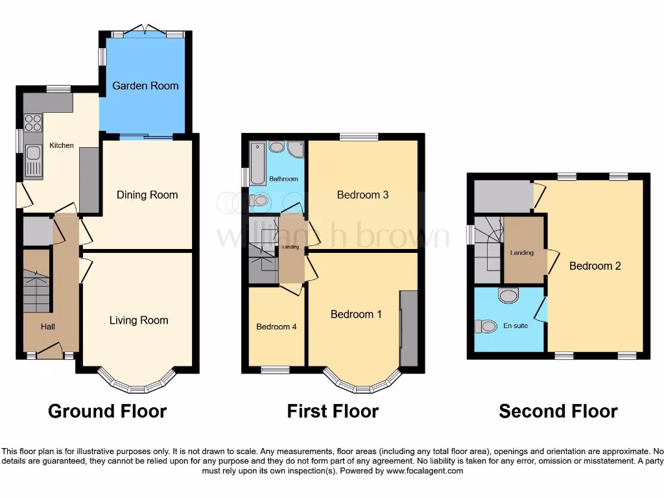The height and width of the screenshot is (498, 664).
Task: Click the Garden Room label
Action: coord(145,86)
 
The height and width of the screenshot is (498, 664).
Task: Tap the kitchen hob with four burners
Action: coord(32,123)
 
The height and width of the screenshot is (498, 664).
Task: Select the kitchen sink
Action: coord(33,158)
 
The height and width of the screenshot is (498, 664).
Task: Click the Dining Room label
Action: coord(147,195)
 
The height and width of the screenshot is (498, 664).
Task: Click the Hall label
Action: coord(48,327)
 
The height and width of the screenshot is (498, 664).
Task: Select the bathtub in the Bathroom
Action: coord(257,162)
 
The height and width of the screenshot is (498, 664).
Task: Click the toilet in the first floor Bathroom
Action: coord(260,201)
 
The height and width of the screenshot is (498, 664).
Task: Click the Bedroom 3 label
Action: coord(362,195)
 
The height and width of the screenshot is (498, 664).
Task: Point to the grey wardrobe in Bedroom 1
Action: coord(409,328)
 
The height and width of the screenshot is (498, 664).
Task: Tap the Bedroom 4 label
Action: coord(276,327)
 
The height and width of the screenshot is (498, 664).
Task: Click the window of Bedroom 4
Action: coord(276,370)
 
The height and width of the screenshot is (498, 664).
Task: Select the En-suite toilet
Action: coord(484,326)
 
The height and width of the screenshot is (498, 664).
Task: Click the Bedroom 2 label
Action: coord(595,266)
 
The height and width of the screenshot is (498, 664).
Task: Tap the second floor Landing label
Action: coord(522,253)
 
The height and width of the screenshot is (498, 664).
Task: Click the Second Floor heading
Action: coord(558,411)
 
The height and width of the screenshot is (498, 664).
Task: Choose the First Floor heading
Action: coord(333,411)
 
